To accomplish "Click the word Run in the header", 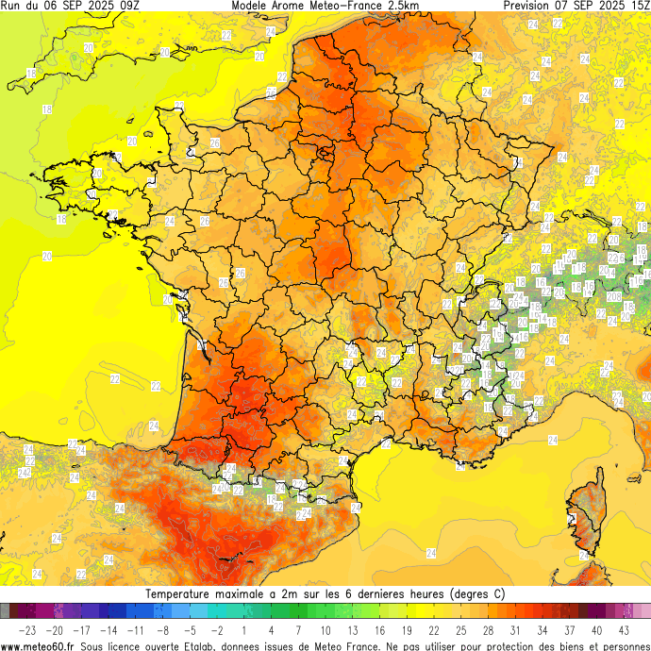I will pos(10,6).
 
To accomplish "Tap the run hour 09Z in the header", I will pos(127,6).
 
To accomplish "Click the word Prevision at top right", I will pos(530,6).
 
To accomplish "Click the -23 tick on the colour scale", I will pos(27,629).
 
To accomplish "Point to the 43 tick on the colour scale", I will pos(625,629).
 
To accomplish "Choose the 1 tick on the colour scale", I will pos(244,629).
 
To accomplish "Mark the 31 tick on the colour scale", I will pos(516,629).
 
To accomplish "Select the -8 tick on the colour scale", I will pos(162,629).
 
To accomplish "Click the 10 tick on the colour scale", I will pos(325,629).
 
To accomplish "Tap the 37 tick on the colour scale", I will pos(570,629).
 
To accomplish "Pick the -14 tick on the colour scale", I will pos(108,629).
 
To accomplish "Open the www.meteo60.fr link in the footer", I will pos(38,645).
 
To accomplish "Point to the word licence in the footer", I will pos(123,645).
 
